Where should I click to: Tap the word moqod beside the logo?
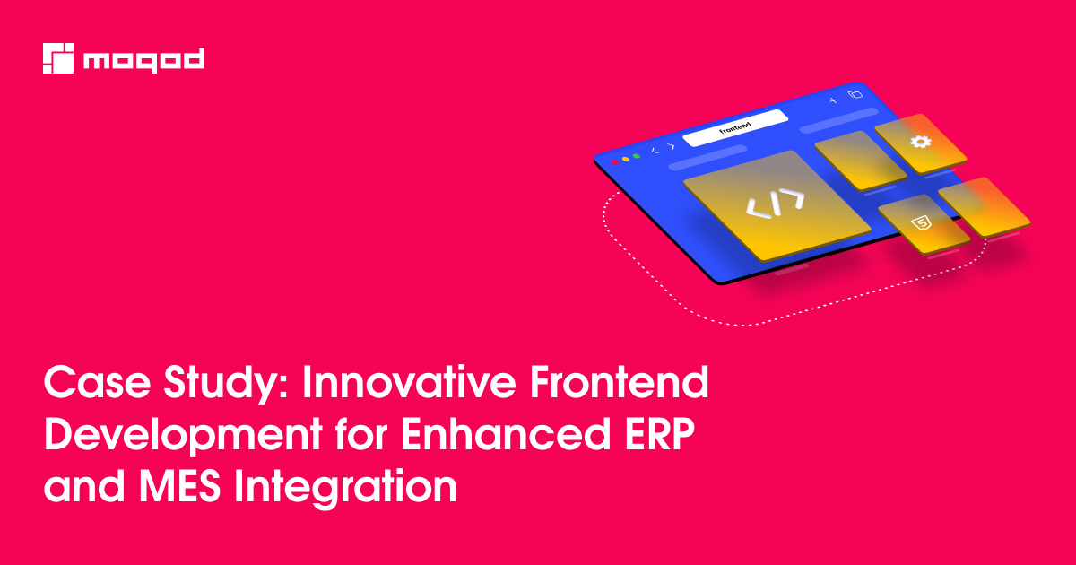pos(143,60)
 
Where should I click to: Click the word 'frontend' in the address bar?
pos(734,128)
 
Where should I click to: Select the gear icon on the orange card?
pos(919,143)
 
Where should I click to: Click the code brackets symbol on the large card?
pos(776,204)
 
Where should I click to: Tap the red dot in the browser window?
pos(615,162)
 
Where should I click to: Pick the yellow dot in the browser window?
pos(626,160)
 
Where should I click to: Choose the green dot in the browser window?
pos(637,157)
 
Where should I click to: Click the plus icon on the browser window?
pos(833,100)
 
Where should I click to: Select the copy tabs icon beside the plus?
pos(855,94)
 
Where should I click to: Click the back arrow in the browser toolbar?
pos(655,151)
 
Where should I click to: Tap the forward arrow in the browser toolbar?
pos(671,146)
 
